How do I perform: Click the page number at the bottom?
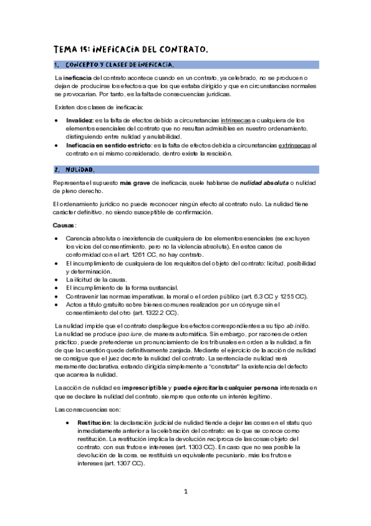point(185,491)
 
